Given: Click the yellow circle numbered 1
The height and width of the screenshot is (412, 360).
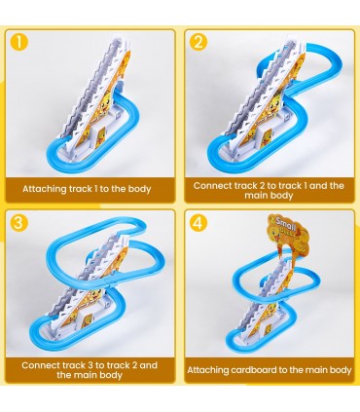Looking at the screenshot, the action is pyautogui.click(x=19, y=42).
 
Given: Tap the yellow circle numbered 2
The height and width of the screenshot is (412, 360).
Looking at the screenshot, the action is pyautogui.click(x=198, y=42).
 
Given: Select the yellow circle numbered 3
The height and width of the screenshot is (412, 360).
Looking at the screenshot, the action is pyautogui.click(x=19, y=223).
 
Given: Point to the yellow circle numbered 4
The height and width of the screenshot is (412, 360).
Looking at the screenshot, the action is pyautogui.click(x=198, y=223).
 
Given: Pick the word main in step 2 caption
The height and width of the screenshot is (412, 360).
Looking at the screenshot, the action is pyautogui.click(x=258, y=196).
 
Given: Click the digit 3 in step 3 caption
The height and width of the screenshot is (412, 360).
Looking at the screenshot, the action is pyautogui.click(x=90, y=365).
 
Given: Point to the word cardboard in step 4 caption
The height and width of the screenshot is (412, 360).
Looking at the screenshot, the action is pyautogui.click(x=253, y=370).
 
